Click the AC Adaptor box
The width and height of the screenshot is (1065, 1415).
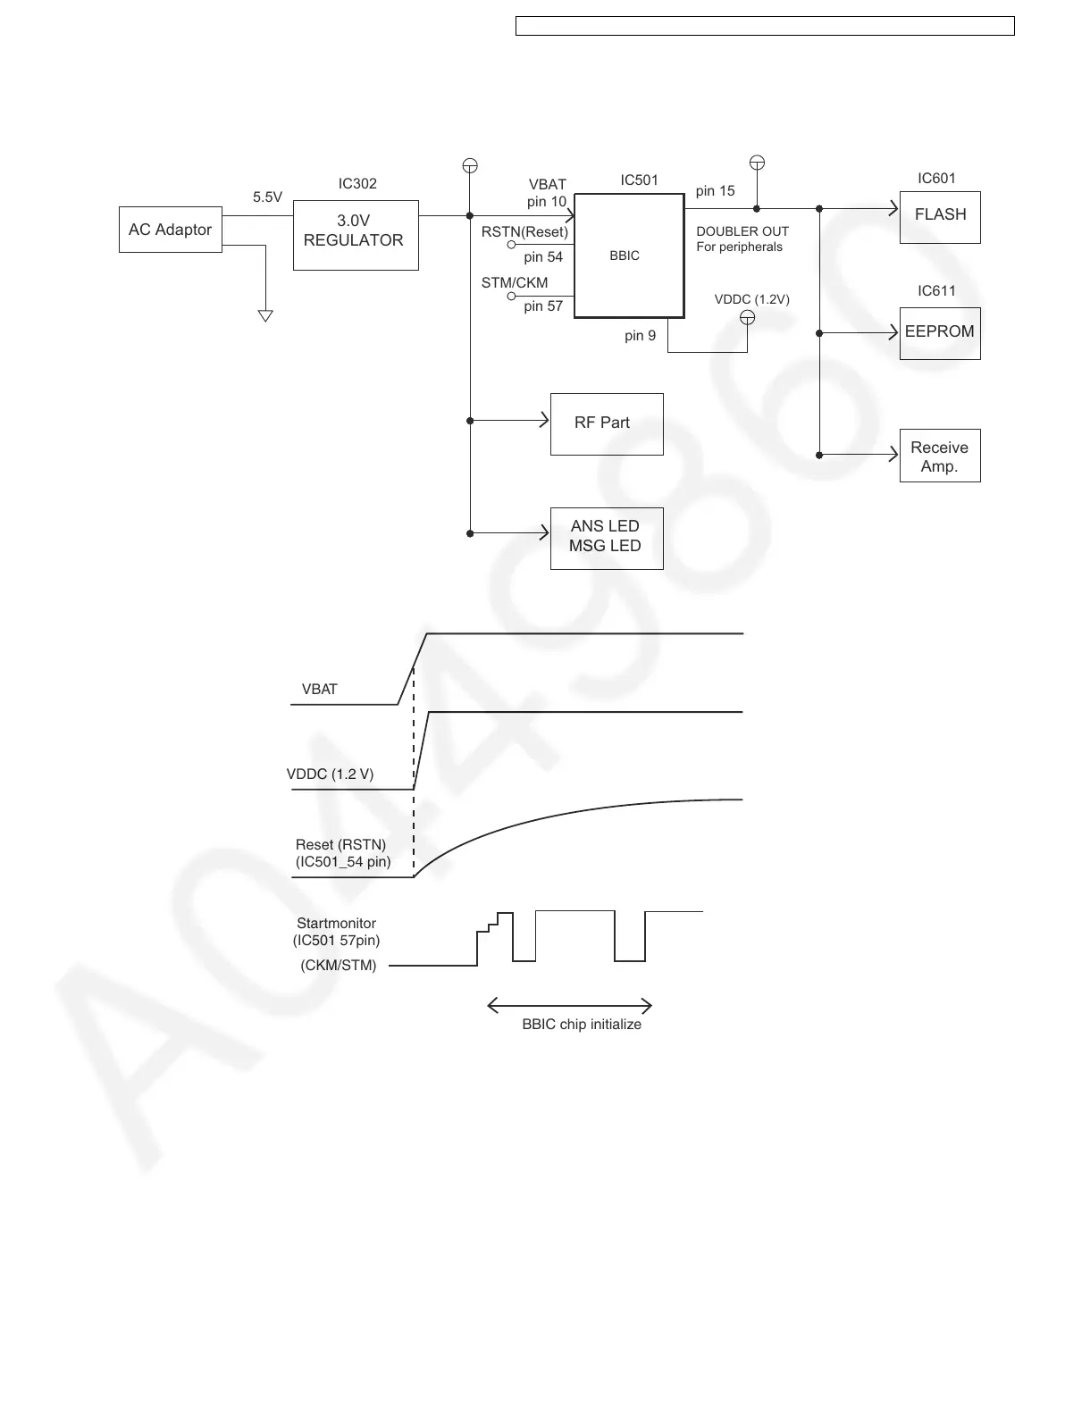click(x=170, y=230)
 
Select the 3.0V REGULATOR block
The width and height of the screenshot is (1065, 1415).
click(x=356, y=235)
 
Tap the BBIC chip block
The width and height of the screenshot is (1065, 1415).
click(x=629, y=256)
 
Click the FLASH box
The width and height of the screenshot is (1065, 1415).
click(x=940, y=217)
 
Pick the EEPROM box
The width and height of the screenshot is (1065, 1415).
click(x=940, y=333)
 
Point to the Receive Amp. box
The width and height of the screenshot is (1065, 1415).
click(x=940, y=456)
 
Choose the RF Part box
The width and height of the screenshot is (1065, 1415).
click(x=607, y=423)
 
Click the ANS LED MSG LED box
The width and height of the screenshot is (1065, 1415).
click(x=607, y=537)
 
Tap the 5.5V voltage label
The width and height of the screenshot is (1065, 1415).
click(x=267, y=197)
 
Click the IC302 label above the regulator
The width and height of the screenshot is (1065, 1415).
click(x=357, y=184)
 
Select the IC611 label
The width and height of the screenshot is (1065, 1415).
click(x=936, y=291)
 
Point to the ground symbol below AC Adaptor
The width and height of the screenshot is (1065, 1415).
click(x=264, y=315)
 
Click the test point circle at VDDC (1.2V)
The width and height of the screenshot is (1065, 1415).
click(x=748, y=318)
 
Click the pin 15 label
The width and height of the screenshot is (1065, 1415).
click(x=715, y=191)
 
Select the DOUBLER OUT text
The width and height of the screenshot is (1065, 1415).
click(x=742, y=231)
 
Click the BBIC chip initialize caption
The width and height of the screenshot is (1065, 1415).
click(x=582, y=1025)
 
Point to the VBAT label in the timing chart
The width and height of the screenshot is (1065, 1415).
click(x=320, y=690)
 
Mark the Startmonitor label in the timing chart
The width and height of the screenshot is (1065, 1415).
click(x=336, y=924)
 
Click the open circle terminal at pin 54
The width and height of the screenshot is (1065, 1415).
click(x=513, y=244)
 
